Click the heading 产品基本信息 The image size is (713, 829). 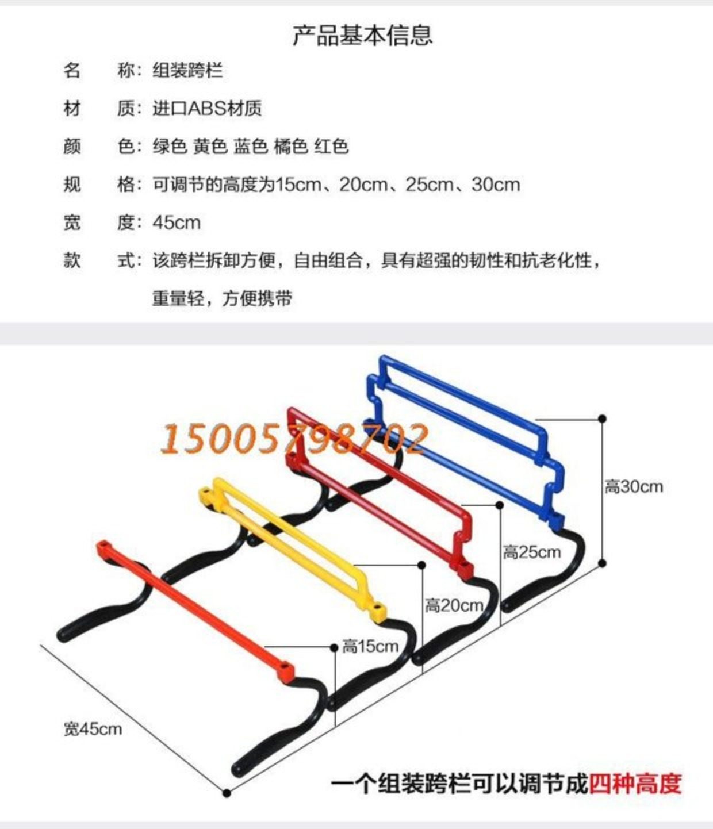(362, 34)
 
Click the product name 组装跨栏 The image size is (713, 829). (187, 71)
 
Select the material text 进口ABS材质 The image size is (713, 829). (207, 108)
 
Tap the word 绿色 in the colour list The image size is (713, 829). (170, 146)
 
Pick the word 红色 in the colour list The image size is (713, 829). (332, 146)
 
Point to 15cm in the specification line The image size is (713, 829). (298, 185)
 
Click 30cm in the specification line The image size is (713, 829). (496, 185)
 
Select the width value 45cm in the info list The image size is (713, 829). (177, 222)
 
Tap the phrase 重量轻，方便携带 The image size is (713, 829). (222, 298)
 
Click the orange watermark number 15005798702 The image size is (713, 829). (294, 439)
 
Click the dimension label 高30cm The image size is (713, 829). (634, 487)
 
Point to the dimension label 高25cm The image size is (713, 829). (532, 552)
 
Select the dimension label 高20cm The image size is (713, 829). (454, 605)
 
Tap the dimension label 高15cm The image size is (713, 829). (370, 646)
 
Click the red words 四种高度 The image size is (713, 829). (635, 784)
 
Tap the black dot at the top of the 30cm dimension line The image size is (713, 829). (602, 419)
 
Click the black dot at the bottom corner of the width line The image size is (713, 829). (227, 793)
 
